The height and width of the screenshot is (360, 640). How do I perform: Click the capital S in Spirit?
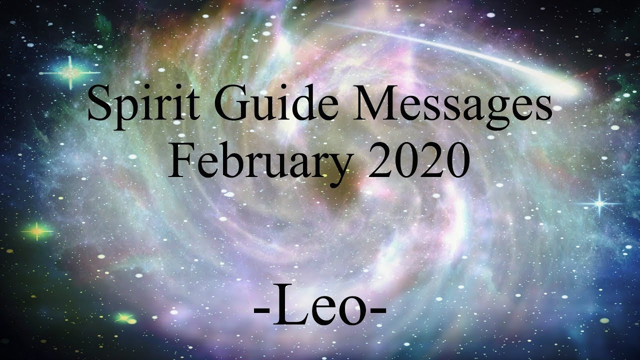[98, 104]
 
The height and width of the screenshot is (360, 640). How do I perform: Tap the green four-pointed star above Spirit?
[70, 73]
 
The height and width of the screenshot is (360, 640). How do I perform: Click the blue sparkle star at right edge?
[598, 203]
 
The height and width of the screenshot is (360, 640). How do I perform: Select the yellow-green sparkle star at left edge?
[37, 231]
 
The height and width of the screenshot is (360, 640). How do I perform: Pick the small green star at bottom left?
[122, 317]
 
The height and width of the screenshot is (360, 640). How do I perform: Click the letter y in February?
[341, 167]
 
